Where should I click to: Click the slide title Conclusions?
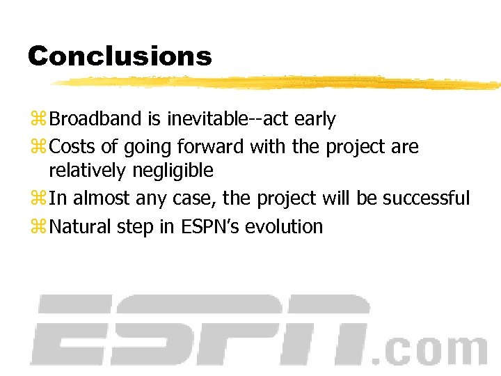(x=119, y=56)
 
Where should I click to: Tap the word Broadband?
(x=96, y=119)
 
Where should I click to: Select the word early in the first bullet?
(x=315, y=120)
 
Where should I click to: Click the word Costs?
(x=74, y=147)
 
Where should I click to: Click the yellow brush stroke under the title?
(x=278, y=82)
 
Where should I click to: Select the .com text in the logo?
(x=429, y=349)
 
